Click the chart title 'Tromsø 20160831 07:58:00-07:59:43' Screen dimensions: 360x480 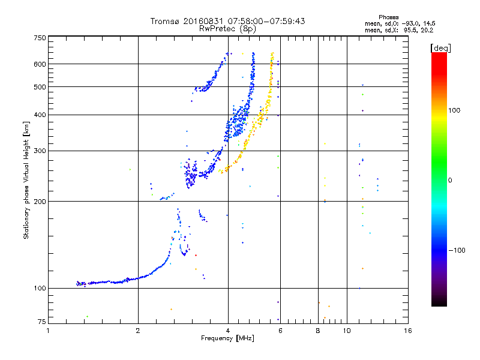pos(227,21)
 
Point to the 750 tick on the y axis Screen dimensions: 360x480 pos(40,38)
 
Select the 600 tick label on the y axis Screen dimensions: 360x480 pos(40,64)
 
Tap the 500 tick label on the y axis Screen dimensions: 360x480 pos(40,87)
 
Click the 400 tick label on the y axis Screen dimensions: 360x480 pos(40,115)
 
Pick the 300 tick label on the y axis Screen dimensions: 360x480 pos(40,151)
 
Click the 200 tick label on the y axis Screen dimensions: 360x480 pos(40,201)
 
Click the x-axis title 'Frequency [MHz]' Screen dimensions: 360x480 pos(227,339)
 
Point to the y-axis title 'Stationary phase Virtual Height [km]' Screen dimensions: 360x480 pos(26,180)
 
